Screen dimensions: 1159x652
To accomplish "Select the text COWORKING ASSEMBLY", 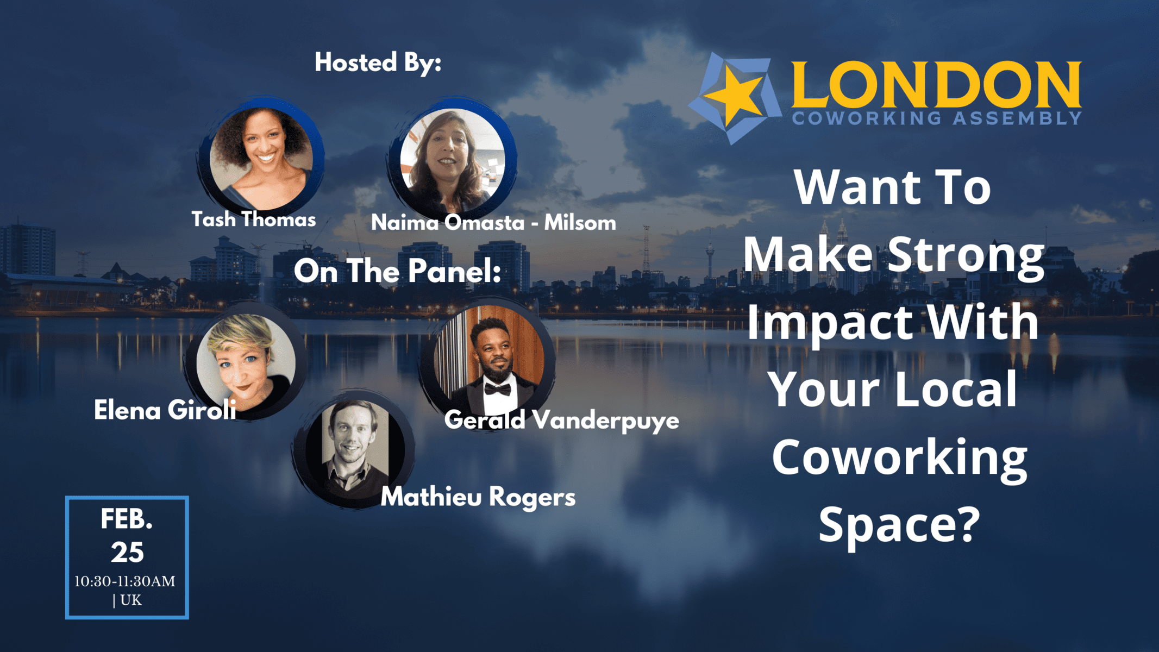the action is click(937, 118).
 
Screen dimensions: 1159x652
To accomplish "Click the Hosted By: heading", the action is click(378, 62).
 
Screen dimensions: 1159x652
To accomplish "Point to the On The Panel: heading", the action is click(397, 271).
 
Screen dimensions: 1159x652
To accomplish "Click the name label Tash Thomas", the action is click(254, 220).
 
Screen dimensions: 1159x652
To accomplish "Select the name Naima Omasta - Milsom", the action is click(493, 222).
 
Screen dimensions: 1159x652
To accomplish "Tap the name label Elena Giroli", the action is click(165, 410).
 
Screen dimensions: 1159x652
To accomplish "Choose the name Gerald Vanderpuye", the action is click(562, 421).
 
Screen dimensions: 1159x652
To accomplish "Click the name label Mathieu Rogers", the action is click(478, 497).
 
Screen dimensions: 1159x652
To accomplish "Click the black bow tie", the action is click(498, 389).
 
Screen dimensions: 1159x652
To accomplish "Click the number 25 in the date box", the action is click(127, 553).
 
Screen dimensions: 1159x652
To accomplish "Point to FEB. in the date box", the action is click(127, 519).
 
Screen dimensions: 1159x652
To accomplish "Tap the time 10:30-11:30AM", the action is click(125, 581).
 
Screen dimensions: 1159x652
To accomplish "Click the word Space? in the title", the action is click(899, 524).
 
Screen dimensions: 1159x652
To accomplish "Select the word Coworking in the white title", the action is click(899, 457).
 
